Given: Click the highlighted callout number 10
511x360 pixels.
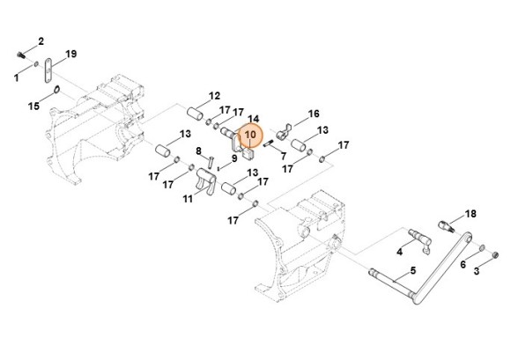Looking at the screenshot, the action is (x=250, y=134).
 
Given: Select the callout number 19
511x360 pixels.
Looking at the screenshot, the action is (x=71, y=54).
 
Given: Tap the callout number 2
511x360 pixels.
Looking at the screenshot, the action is (x=41, y=41).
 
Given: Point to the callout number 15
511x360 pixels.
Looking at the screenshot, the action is (x=33, y=106).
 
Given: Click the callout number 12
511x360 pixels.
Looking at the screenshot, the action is (x=214, y=96).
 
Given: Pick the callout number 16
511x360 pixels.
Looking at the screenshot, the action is (x=314, y=114).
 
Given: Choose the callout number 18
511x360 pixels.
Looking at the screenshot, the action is (x=470, y=214).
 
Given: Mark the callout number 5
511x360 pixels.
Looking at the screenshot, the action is (x=413, y=270).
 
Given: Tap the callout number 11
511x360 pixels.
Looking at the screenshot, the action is (x=188, y=199).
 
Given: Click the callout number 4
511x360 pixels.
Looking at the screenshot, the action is (x=399, y=252).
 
